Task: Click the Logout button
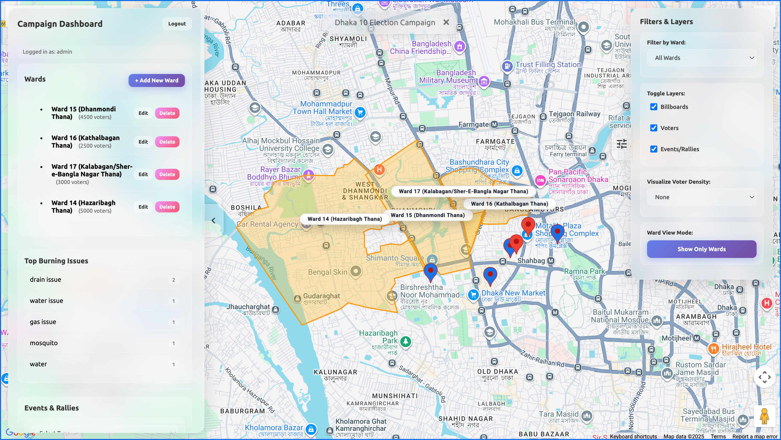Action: [x=177, y=24]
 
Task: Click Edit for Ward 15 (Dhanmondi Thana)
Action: [x=143, y=113]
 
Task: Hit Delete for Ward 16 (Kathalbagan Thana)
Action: [x=167, y=142]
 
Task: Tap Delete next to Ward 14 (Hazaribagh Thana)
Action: [x=167, y=207]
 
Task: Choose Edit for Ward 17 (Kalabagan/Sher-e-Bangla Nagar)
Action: [x=143, y=174]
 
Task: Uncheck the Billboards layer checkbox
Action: [x=654, y=107]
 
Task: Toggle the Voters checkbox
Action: [x=654, y=128]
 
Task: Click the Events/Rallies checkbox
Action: [x=654, y=149]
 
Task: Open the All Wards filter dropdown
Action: [x=701, y=58]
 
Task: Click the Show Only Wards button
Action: [x=701, y=249]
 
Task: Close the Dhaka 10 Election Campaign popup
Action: [x=446, y=22]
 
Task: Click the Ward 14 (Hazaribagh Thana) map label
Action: [x=344, y=219]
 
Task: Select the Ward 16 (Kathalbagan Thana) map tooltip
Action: [x=509, y=204]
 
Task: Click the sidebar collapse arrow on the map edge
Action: [x=213, y=221]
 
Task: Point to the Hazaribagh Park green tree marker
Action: [x=405, y=342]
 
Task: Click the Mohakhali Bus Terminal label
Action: [x=534, y=22]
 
